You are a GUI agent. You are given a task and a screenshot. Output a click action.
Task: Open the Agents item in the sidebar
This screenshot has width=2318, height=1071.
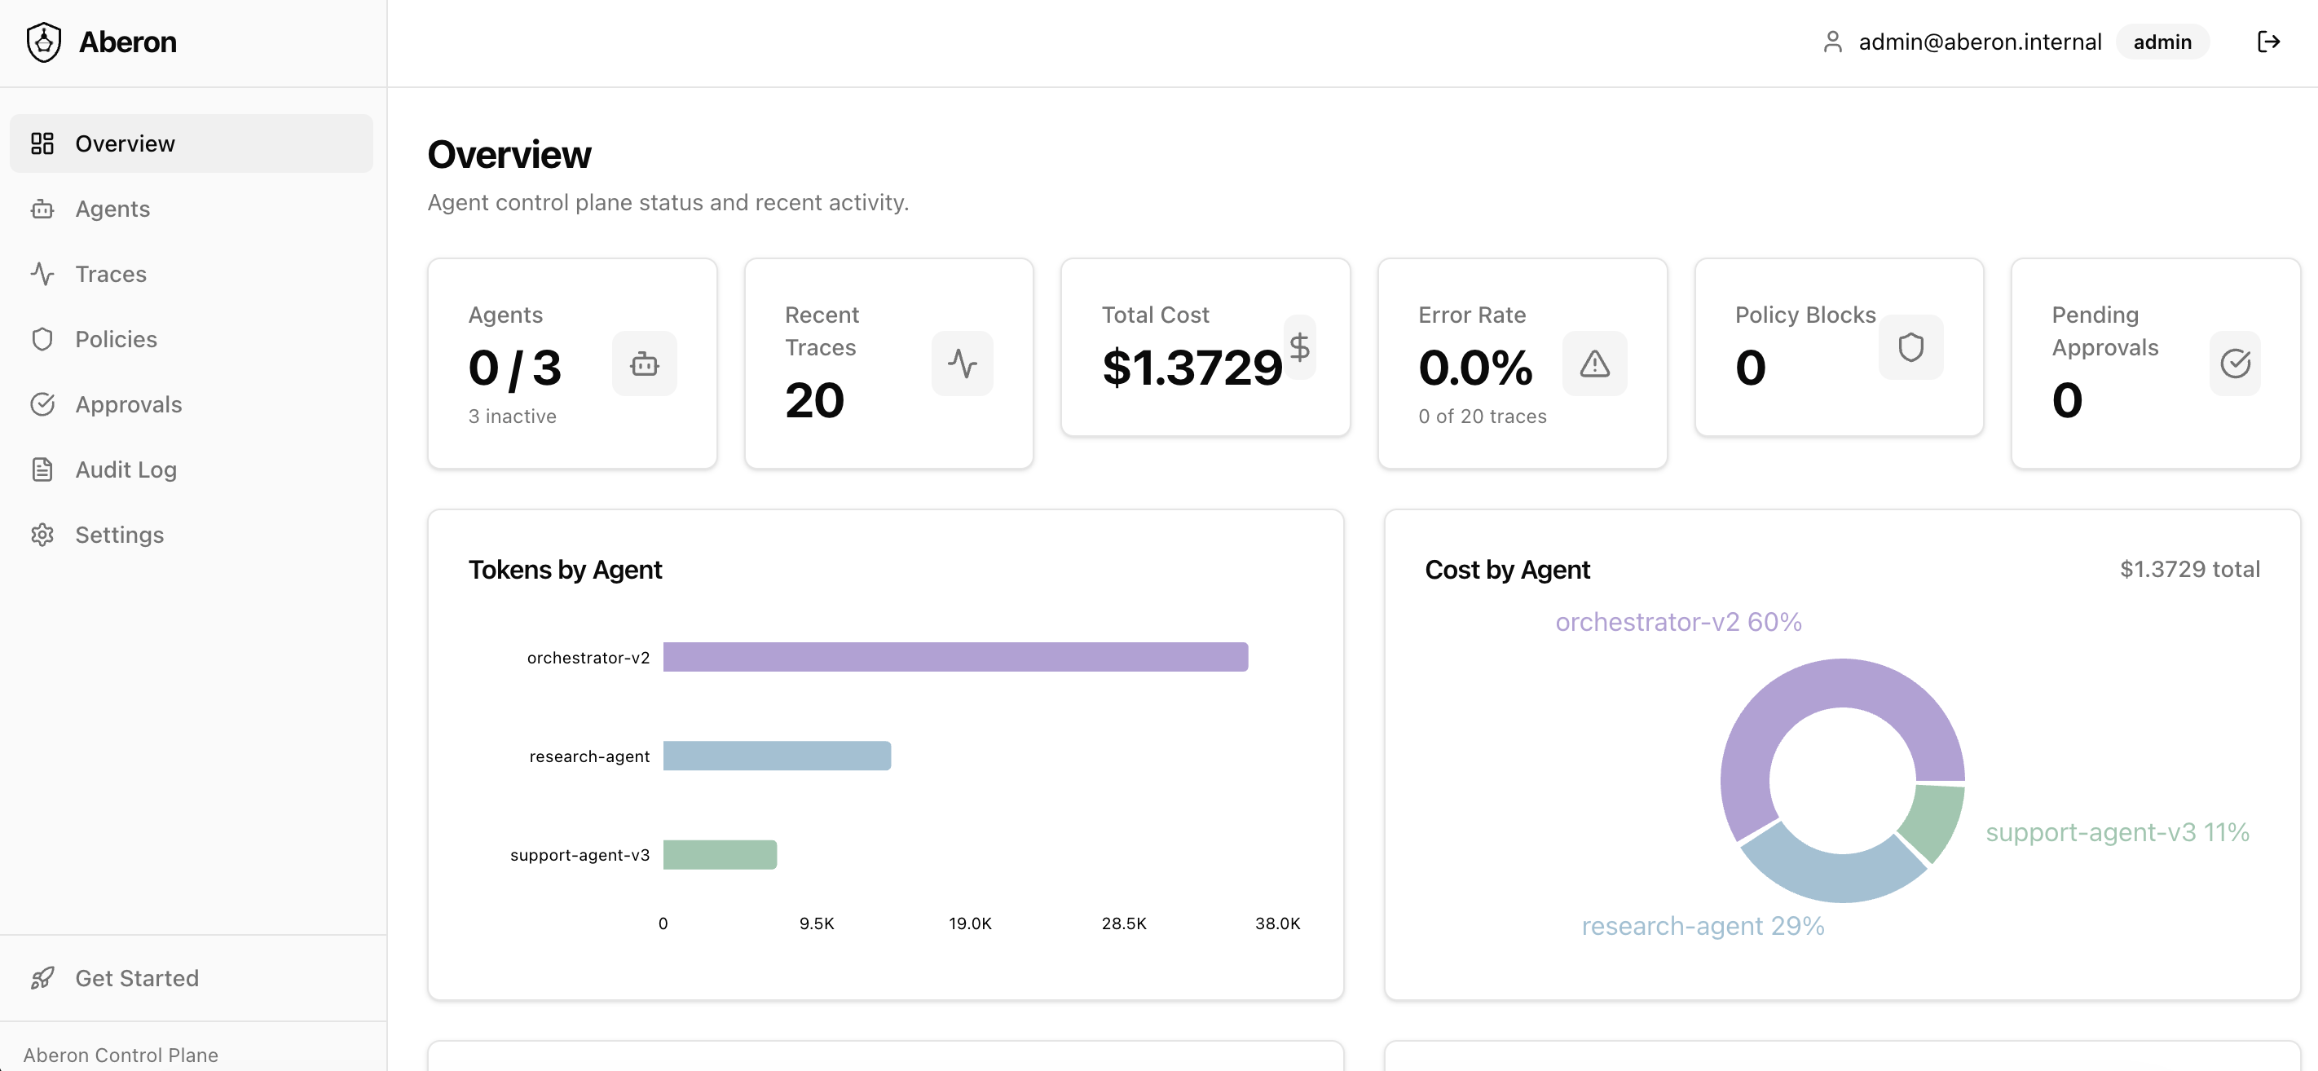[112, 209]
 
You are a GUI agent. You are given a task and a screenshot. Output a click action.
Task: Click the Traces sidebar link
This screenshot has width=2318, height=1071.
[111, 274]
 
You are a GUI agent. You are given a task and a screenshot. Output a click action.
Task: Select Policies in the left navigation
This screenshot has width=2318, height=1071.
[116, 339]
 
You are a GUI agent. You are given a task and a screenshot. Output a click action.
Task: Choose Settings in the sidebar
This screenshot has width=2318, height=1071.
[119, 535]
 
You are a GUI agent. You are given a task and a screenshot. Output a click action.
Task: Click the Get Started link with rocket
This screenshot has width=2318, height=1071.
[136, 978]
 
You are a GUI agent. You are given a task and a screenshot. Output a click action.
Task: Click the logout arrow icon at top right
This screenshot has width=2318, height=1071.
[2268, 42]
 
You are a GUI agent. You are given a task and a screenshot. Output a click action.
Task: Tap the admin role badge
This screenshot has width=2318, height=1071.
[2162, 42]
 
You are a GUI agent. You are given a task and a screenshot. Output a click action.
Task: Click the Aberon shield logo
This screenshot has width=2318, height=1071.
[44, 42]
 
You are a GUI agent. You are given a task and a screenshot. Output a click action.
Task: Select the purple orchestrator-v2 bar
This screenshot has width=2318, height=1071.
[954, 657]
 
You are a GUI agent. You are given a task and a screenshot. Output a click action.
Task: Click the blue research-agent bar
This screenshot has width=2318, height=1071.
[777, 756]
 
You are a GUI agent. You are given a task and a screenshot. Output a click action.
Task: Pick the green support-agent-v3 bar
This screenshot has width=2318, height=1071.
[720, 855]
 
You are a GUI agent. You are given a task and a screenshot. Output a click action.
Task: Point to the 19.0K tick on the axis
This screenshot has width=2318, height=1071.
[970, 923]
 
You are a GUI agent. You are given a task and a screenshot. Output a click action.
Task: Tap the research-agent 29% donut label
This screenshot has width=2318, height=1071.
[1703, 926]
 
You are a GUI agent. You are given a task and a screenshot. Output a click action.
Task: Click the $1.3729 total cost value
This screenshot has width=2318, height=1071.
[1192, 368]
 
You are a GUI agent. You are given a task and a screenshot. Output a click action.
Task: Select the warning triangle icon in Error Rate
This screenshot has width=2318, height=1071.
[1594, 364]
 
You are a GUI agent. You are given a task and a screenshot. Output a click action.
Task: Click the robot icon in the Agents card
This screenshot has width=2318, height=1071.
[644, 364]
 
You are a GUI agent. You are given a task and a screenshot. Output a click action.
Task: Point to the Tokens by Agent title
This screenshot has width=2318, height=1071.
[565, 570]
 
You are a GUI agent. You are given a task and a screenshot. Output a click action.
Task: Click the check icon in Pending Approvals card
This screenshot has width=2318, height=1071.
[2235, 364]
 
